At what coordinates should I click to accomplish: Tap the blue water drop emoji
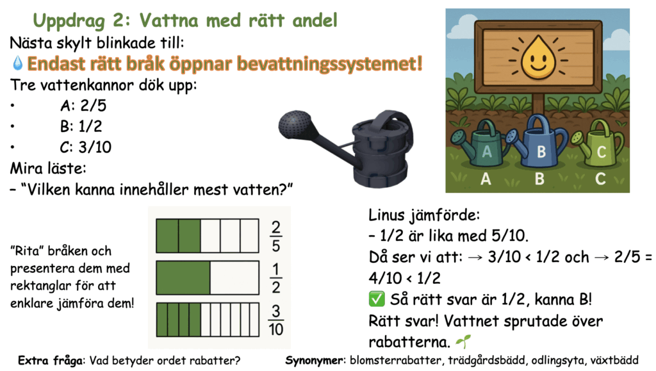click(17, 63)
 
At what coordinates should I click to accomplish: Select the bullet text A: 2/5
click(83, 105)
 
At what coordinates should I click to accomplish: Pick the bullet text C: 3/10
click(86, 147)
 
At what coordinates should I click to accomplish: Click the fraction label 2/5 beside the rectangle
click(275, 236)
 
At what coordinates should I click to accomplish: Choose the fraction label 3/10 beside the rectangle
click(275, 320)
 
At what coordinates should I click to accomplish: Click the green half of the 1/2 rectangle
click(183, 277)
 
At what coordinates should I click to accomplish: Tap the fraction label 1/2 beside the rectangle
click(275, 278)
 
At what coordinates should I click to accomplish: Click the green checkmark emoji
click(377, 299)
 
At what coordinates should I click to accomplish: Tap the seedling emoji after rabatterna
click(463, 342)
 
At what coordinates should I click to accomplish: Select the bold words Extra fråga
click(51, 361)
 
